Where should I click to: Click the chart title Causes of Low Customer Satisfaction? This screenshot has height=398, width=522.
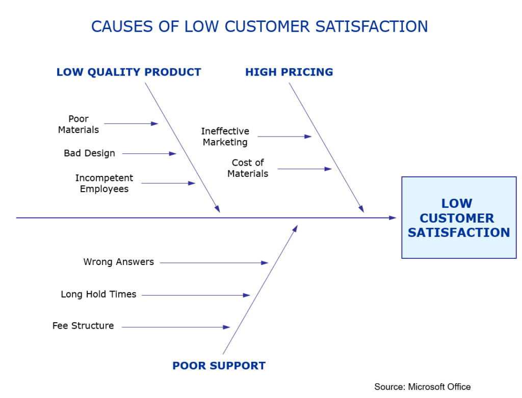pos(259,26)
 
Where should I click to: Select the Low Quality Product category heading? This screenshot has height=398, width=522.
pos(128,72)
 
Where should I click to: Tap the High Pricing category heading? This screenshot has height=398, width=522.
pos(289,72)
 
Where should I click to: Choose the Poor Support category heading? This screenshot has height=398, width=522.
pos(219,366)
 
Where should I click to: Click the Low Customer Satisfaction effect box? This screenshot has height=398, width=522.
pos(459,218)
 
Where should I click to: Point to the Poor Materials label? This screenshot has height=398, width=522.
pos(79,124)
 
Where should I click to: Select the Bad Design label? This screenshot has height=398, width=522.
pos(90,153)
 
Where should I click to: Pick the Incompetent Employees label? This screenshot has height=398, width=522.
pos(104,183)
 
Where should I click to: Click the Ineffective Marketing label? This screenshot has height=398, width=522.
pos(225,137)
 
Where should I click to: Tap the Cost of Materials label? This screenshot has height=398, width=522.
pos(248,168)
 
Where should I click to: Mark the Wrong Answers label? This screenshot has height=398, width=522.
pos(119,262)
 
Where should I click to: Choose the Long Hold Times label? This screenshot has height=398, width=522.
pos(98,295)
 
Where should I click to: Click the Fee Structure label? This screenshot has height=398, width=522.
pos(83,326)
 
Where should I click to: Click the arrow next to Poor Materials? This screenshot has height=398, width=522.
pos(131,124)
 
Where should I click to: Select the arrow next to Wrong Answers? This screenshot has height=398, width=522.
pos(214,263)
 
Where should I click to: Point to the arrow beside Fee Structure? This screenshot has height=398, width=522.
pos(176,327)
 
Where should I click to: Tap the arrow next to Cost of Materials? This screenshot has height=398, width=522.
pos(304,169)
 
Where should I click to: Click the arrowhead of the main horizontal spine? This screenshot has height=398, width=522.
pos(393,218)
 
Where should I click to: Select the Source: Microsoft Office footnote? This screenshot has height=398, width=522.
pos(422,387)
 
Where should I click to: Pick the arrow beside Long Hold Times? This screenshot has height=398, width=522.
pos(196,295)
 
